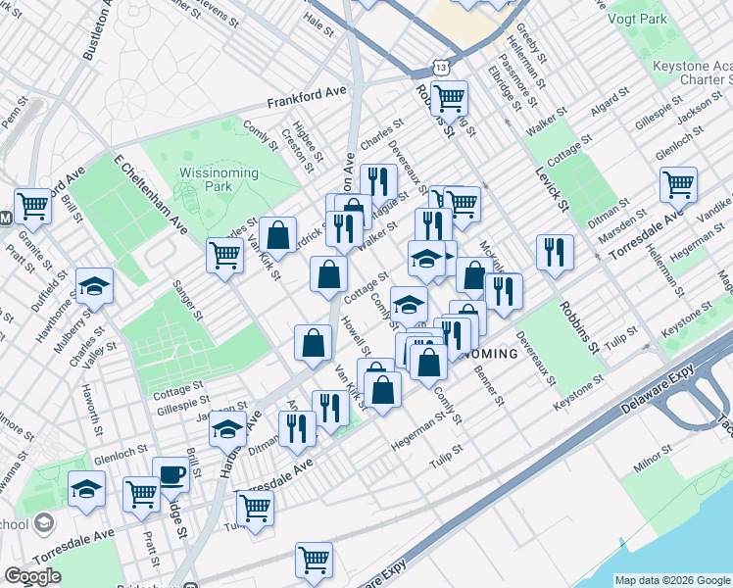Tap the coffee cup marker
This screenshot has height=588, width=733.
point(171,475)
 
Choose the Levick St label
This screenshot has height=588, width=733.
point(552,185)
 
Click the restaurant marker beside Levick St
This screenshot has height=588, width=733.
point(555,252)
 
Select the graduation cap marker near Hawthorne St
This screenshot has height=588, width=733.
point(95,285)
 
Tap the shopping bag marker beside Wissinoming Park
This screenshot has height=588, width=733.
point(278,234)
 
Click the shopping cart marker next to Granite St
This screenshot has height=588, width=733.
point(32,205)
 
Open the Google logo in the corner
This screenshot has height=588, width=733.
point(32,576)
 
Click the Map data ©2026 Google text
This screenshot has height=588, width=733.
point(671,580)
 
